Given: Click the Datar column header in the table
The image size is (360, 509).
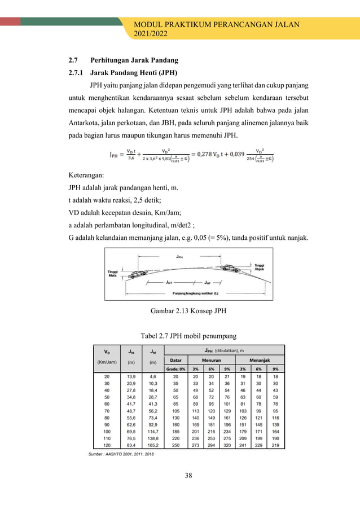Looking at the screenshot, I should tap(175, 359).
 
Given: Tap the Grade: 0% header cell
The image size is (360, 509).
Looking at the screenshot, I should tap(175, 369).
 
